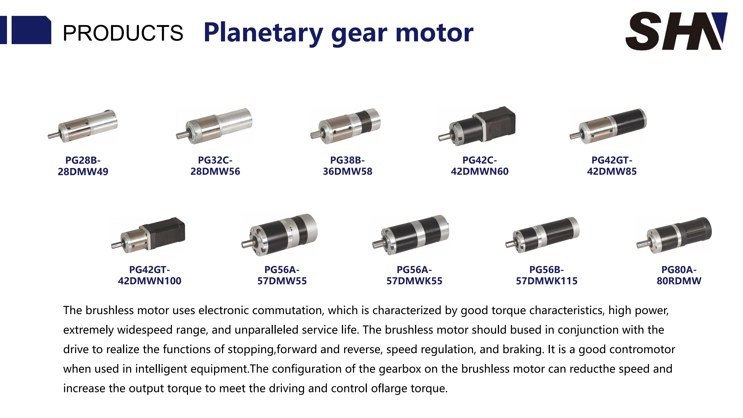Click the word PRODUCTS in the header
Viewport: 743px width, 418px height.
[x=123, y=33]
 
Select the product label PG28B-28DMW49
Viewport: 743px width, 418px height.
[x=83, y=166]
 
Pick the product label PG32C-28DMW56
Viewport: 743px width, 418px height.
[x=215, y=166]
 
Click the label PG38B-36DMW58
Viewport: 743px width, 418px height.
[x=348, y=166]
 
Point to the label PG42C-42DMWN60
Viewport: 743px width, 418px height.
[x=480, y=166]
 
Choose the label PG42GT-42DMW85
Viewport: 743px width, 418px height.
[x=612, y=166]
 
